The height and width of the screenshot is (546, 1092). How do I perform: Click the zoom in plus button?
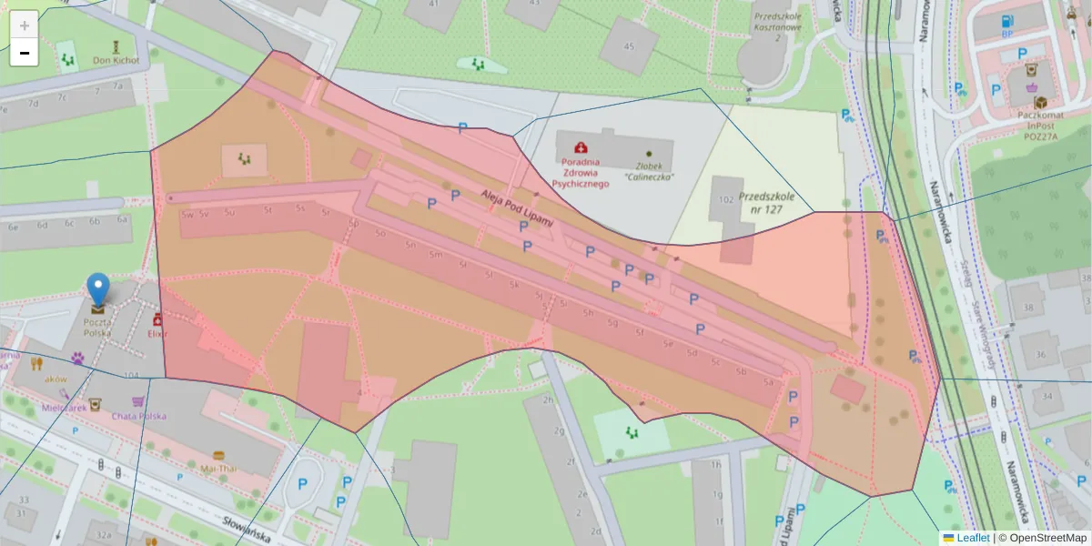click(25, 25)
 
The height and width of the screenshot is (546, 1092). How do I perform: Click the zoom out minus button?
click(25, 53)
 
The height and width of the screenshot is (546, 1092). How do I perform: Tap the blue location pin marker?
click(98, 289)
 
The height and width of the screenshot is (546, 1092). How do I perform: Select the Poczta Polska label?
click(97, 328)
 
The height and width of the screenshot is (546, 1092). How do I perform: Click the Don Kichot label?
click(116, 61)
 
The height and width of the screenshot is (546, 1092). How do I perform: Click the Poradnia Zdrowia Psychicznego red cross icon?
click(580, 147)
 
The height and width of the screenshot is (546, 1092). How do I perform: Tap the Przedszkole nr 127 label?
click(767, 202)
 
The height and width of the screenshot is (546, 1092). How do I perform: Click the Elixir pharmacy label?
click(159, 334)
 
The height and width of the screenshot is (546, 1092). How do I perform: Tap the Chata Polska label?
click(139, 416)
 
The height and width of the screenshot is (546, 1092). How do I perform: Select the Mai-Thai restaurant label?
click(218, 468)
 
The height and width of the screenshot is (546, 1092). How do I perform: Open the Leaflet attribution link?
click(973, 538)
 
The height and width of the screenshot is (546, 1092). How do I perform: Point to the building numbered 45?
click(629, 46)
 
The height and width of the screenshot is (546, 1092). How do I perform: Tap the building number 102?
click(726, 198)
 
